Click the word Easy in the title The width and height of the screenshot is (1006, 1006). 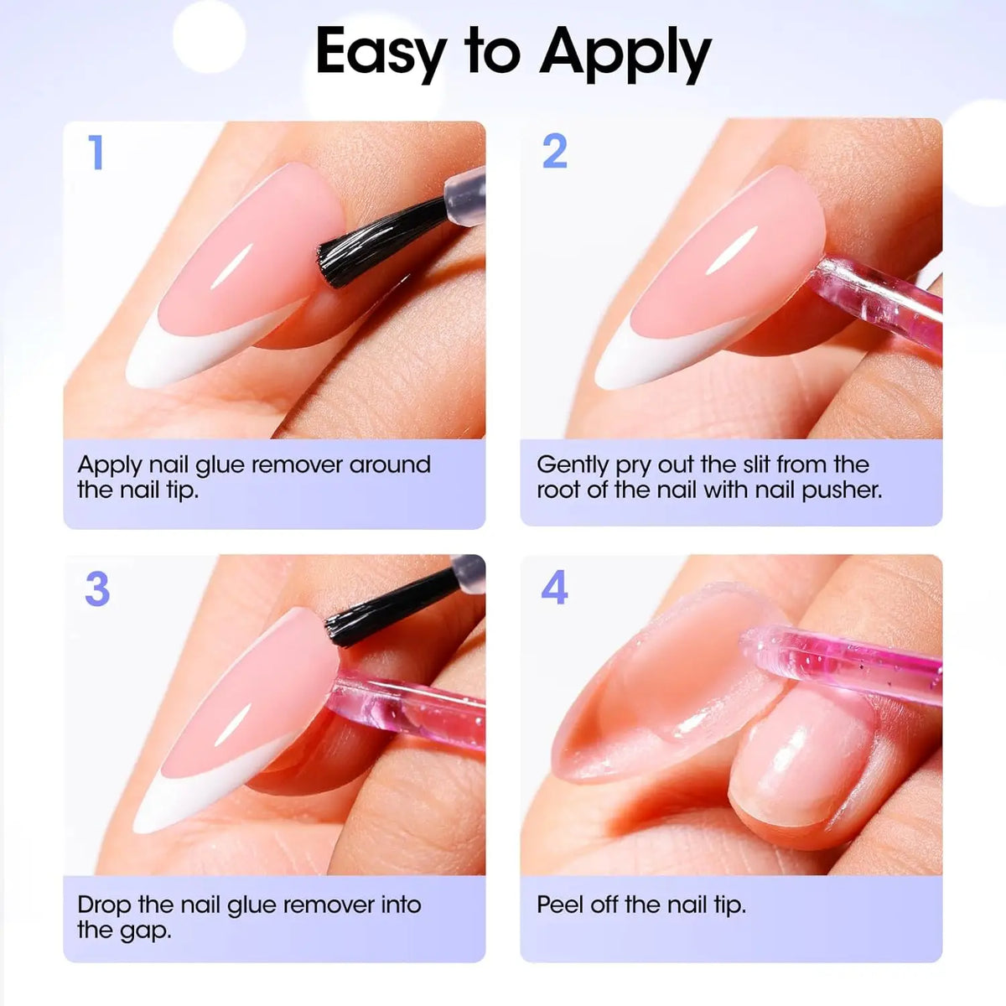click(381, 54)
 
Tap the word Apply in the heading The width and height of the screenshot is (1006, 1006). click(625, 54)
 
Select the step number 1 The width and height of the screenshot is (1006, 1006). click(96, 152)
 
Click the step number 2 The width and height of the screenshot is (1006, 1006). click(554, 151)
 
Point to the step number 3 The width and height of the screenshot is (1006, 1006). click(97, 589)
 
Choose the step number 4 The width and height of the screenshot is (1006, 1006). click(554, 587)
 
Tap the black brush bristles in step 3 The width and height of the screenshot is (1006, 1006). click(392, 607)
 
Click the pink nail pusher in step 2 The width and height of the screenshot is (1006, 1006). click(877, 305)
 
